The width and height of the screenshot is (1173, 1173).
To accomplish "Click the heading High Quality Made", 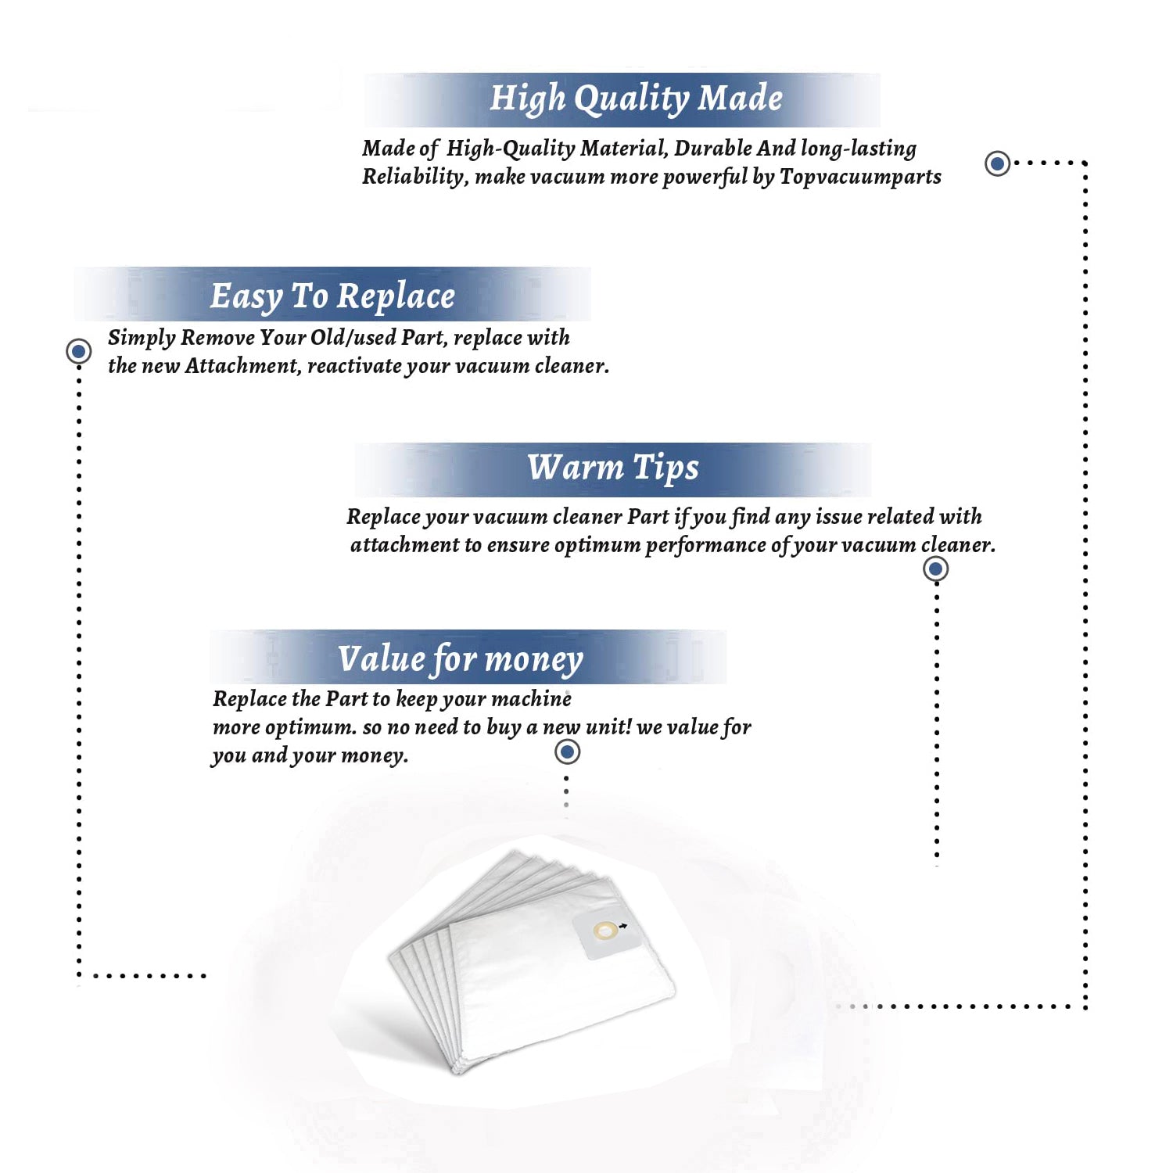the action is [636, 99].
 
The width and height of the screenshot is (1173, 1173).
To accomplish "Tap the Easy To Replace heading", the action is [332, 296].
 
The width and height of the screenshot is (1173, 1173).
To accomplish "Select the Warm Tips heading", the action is [612, 468].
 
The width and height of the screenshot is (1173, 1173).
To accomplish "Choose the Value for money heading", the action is [461, 659].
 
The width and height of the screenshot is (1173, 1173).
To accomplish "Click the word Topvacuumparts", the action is [860, 178].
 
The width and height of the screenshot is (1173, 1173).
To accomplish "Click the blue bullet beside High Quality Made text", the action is [997, 163].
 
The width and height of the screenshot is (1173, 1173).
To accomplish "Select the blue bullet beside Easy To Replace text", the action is [78, 351].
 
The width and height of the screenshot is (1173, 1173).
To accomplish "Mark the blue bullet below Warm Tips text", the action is [936, 569].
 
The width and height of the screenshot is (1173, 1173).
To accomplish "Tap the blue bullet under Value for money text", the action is [567, 752].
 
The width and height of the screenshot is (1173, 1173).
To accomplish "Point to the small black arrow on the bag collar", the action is [622, 927].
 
